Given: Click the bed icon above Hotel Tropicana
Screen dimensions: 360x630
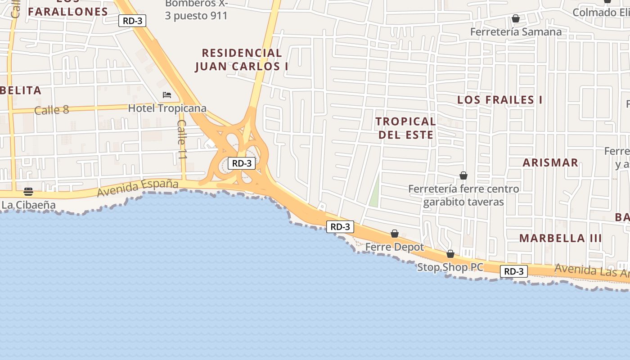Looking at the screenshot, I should tap(167, 95).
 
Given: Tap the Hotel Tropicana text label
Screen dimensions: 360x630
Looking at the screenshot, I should tap(167, 108).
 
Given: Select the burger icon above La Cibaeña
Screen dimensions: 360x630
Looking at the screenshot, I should tap(28, 192).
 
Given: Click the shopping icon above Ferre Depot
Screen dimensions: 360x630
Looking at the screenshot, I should tap(395, 234).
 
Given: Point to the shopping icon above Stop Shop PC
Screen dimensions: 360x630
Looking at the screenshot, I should tap(450, 254).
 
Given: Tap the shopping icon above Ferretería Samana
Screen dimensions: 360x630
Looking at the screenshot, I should tap(516, 18).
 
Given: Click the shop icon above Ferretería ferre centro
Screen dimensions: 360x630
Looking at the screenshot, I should tap(463, 175).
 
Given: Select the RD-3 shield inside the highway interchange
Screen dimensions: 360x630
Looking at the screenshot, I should tap(242, 163).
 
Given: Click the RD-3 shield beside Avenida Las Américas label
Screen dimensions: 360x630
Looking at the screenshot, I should tap(513, 271).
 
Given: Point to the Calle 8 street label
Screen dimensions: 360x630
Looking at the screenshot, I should tap(52, 109).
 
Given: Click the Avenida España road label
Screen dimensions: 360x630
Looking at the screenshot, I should tap(138, 188).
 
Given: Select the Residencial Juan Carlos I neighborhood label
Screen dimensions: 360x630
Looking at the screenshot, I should tap(242, 60).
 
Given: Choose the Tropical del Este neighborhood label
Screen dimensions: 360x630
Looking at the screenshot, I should tap(406, 128).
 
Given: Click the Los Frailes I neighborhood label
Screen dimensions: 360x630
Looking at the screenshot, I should tap(499, 100).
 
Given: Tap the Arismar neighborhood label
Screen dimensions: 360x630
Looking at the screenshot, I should tap(550, 163).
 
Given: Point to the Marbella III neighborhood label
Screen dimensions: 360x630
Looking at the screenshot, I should tap(560, 238).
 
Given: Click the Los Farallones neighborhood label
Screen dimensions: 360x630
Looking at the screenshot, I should tap(68, 12).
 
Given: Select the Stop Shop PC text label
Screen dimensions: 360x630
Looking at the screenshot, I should tap(450, 267).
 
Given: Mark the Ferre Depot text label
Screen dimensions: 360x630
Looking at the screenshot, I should tap(395, 247).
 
